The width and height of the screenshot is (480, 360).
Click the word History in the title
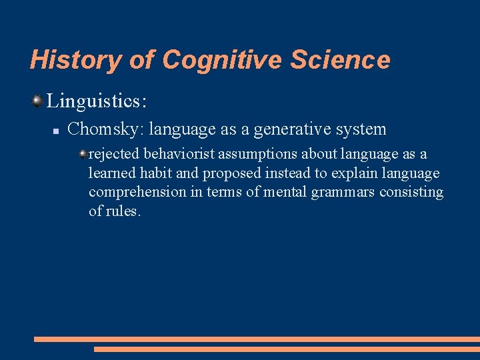coord(75,60)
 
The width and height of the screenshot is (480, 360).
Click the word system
coord(361,129)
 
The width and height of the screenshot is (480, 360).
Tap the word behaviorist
coord(180,155)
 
